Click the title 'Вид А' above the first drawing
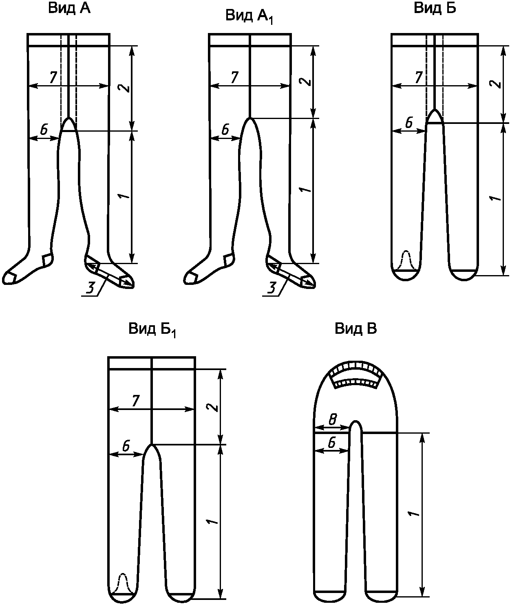(x=69, y=9)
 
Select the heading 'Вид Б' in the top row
(x=435, y=8)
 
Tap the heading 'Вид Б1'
(x=152, y=330)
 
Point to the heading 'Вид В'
(x=356, y=329)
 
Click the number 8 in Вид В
(x=333, y=419)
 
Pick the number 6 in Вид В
(x=332, y=442)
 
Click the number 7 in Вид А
(x=53, y=77)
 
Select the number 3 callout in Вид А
(x=91, y=288)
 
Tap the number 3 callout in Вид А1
(x=272, y=288)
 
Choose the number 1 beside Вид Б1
(x=212, y=522)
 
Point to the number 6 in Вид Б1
(x=126, y=446)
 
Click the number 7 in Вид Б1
(x=135, y=401)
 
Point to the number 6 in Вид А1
(x=225, y=130)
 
